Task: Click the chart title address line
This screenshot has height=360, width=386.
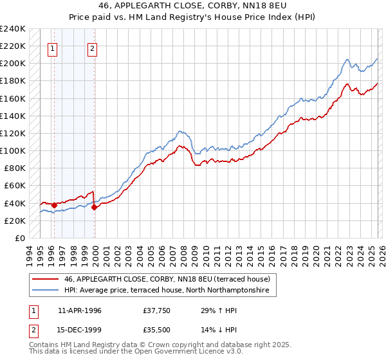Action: tap(193, 6)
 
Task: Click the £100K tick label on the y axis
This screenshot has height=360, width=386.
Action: tap(12, 150)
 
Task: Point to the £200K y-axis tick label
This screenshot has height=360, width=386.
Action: tap(12, 63)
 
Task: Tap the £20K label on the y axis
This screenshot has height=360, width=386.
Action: tap(14, 221)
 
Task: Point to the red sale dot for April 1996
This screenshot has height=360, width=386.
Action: tap(54, 205)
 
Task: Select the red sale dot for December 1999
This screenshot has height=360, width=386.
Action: tap(95, 207)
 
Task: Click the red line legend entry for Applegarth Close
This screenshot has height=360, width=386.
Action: tap(170, 279)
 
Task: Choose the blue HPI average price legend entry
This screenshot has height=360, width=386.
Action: tap(170, 291)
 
